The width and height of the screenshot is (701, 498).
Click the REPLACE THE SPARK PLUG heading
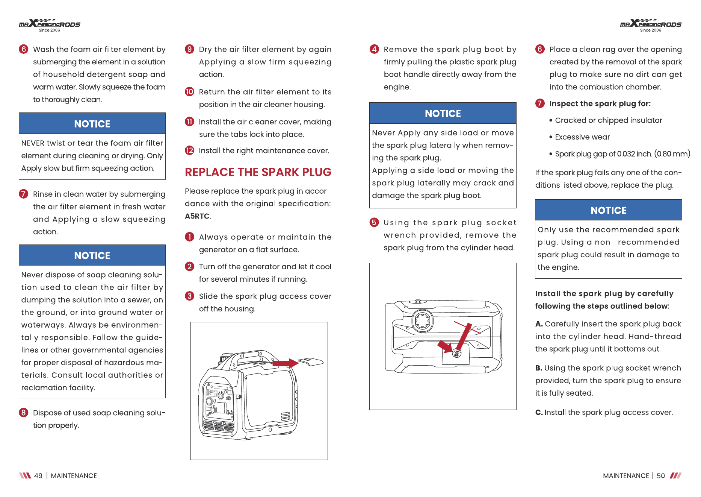(x=258, y=172)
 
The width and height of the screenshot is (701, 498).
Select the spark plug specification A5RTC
(x=197, y=216)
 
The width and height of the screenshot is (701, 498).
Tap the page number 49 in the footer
(x=38, y=476)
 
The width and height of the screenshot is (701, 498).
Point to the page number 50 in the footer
(x=661, y=476)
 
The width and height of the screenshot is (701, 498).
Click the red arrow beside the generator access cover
(x=285, y=363)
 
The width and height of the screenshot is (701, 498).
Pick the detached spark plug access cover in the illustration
(x=311, y=361)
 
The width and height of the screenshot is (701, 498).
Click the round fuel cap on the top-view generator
(x=423, y=321)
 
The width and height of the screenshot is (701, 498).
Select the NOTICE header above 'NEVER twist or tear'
(x=92, y=124)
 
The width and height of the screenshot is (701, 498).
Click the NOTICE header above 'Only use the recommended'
(x=609, y=210)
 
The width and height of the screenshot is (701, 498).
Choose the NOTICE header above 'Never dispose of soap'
(x=92, y=255)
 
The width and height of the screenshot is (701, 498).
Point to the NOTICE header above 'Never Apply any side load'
(x=443, y=114)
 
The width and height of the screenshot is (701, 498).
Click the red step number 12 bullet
(x=190, y=150)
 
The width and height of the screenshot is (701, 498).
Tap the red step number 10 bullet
(x=190, y=92)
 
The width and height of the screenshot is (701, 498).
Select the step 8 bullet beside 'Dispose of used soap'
(x=24, y=413)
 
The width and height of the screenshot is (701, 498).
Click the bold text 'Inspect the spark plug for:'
(x=600, y=104)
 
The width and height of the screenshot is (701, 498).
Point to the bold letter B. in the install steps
(x=539, y=368)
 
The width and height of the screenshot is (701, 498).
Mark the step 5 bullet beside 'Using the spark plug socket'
(x=374, y=222)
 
